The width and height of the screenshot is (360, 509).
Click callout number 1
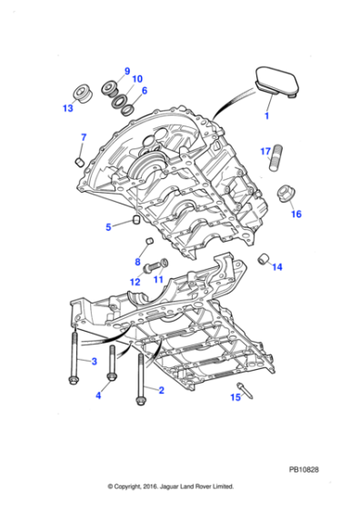coord(267,117)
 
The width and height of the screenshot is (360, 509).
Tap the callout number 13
coord(67,108)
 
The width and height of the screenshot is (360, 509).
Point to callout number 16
coord(295,215)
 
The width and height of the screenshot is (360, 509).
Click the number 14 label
coord(277,267)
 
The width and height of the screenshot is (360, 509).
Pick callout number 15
coord(235,397)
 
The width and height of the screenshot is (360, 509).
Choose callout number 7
coord(82,138)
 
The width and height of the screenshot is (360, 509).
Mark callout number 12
coord(135,283)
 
